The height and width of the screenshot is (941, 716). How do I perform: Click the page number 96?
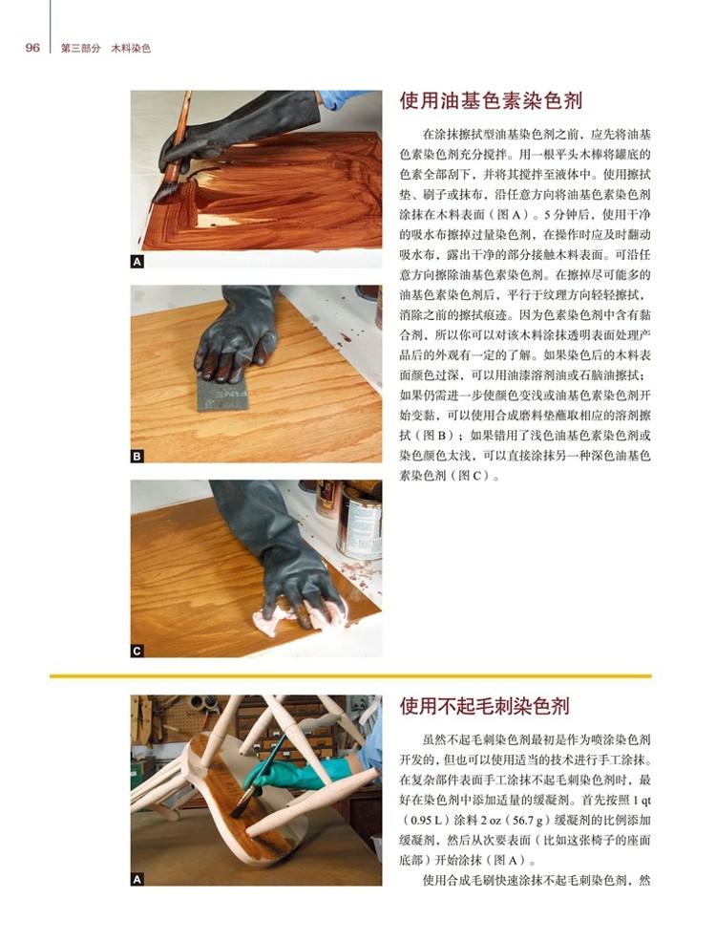click(x=32, y=48)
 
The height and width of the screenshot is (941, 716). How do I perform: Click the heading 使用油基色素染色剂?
click(x=491, y=100)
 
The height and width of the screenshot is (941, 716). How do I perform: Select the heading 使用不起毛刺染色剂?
click(x=485, y=706)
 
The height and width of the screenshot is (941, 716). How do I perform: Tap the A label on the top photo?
click(x=137, y=262)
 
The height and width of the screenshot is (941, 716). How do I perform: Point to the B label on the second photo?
click(x=137, y=456)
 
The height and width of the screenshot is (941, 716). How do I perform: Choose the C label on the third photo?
click(x=137, y=651)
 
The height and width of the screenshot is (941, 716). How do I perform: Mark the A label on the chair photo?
click(x=137, y=879)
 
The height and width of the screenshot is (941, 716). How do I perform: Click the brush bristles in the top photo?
click(x=163, y=191)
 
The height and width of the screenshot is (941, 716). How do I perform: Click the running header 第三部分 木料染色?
click(x=106, y=49)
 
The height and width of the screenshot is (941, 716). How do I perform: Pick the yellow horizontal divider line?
click(x=350, y=675)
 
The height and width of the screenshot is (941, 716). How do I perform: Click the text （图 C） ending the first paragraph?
click(x=474, y=476)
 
